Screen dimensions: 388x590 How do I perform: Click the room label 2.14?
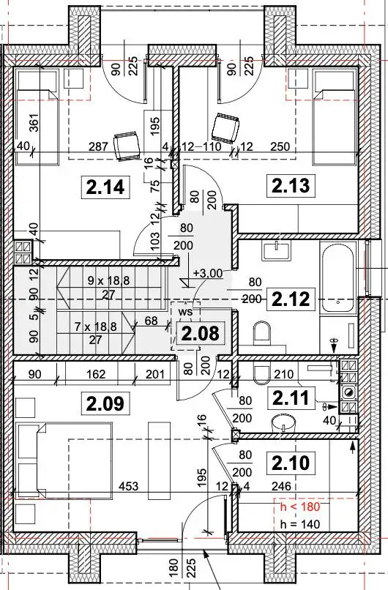[105, 187]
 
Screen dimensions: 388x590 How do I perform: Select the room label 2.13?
[291, 185]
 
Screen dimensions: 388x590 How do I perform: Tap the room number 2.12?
[291, 299]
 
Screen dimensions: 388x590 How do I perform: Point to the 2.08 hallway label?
[200, 333]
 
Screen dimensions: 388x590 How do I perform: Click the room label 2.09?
[105, 404]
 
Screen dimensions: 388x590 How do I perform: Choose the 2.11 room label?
[291, 398]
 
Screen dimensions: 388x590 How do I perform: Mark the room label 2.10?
[291, 463]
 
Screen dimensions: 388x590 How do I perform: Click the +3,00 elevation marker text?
[208, 273]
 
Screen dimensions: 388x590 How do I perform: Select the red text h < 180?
[300, 507]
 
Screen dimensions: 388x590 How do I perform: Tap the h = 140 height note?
[300, 524]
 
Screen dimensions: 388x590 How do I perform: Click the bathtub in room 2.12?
[338, 277]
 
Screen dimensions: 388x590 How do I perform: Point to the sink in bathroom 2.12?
[277, 250]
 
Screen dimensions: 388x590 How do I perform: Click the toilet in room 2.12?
[262, 332]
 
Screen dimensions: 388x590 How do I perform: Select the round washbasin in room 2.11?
[283, 422]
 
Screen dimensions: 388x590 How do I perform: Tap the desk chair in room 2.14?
[127, 145]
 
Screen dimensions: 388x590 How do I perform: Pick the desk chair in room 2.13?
[225, 128]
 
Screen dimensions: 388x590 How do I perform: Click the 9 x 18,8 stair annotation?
[109, 280]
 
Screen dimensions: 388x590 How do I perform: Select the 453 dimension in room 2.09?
[129, 486]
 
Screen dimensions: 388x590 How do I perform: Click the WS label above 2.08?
[186, 312]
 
